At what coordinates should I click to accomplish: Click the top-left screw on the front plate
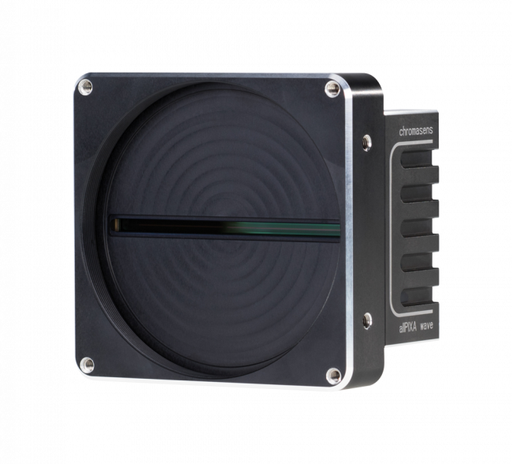86,87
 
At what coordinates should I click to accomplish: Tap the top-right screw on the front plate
332,88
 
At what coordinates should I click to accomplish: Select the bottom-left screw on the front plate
87,365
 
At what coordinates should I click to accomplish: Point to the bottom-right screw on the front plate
334,376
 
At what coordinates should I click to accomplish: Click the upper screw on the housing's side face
367,142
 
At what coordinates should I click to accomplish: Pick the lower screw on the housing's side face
367,320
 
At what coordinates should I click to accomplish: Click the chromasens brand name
416,131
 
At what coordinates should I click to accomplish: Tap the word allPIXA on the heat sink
407,327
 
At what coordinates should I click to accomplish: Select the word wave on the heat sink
426,326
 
